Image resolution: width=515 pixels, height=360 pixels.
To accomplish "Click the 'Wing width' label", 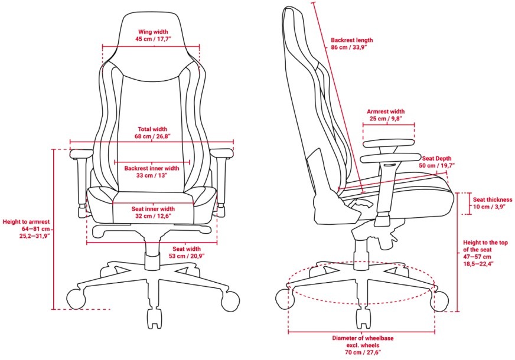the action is tap(153, 32).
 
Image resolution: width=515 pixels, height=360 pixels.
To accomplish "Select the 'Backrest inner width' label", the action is tap(152, 168).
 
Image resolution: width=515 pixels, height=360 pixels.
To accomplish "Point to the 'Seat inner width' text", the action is tap(153, 209).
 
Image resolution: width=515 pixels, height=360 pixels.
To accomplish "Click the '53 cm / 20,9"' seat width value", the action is tap(187, 256).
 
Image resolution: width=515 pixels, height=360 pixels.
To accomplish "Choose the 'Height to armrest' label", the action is tap(26, 222).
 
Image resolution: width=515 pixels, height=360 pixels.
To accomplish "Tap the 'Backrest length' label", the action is tap(352, 40).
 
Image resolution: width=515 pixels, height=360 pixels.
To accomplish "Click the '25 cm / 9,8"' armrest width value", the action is tap(386, 119).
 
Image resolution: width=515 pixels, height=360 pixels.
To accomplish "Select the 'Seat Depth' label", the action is tap(436, 159).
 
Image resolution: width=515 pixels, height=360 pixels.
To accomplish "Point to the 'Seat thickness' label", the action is tap(493, 199).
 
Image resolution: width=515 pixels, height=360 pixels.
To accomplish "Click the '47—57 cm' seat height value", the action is tap(477, 257).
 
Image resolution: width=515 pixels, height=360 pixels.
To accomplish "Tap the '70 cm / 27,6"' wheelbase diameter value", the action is tap(363, 352).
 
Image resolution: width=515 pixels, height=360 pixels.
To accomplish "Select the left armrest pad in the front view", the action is tap(81, 153).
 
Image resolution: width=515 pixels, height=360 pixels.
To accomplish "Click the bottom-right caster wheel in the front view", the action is tap(230, 300).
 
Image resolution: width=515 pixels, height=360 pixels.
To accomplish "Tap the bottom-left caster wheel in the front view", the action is tap(76, 299).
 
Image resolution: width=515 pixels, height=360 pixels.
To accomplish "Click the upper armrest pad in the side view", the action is tap(389, 144).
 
